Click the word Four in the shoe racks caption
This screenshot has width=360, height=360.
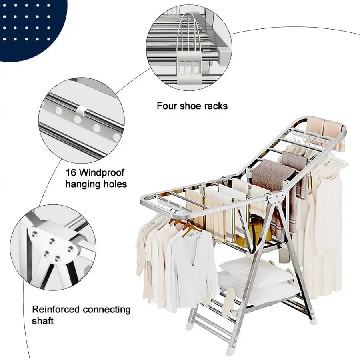166,106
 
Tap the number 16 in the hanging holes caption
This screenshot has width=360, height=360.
72,173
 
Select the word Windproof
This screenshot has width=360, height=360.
103,173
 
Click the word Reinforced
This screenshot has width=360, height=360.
56,310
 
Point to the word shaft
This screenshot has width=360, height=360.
43,321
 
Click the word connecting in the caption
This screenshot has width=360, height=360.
106,310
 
